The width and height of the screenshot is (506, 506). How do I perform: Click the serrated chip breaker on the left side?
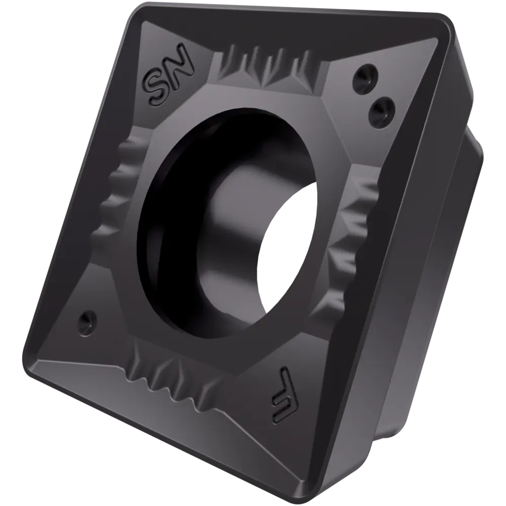119,187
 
